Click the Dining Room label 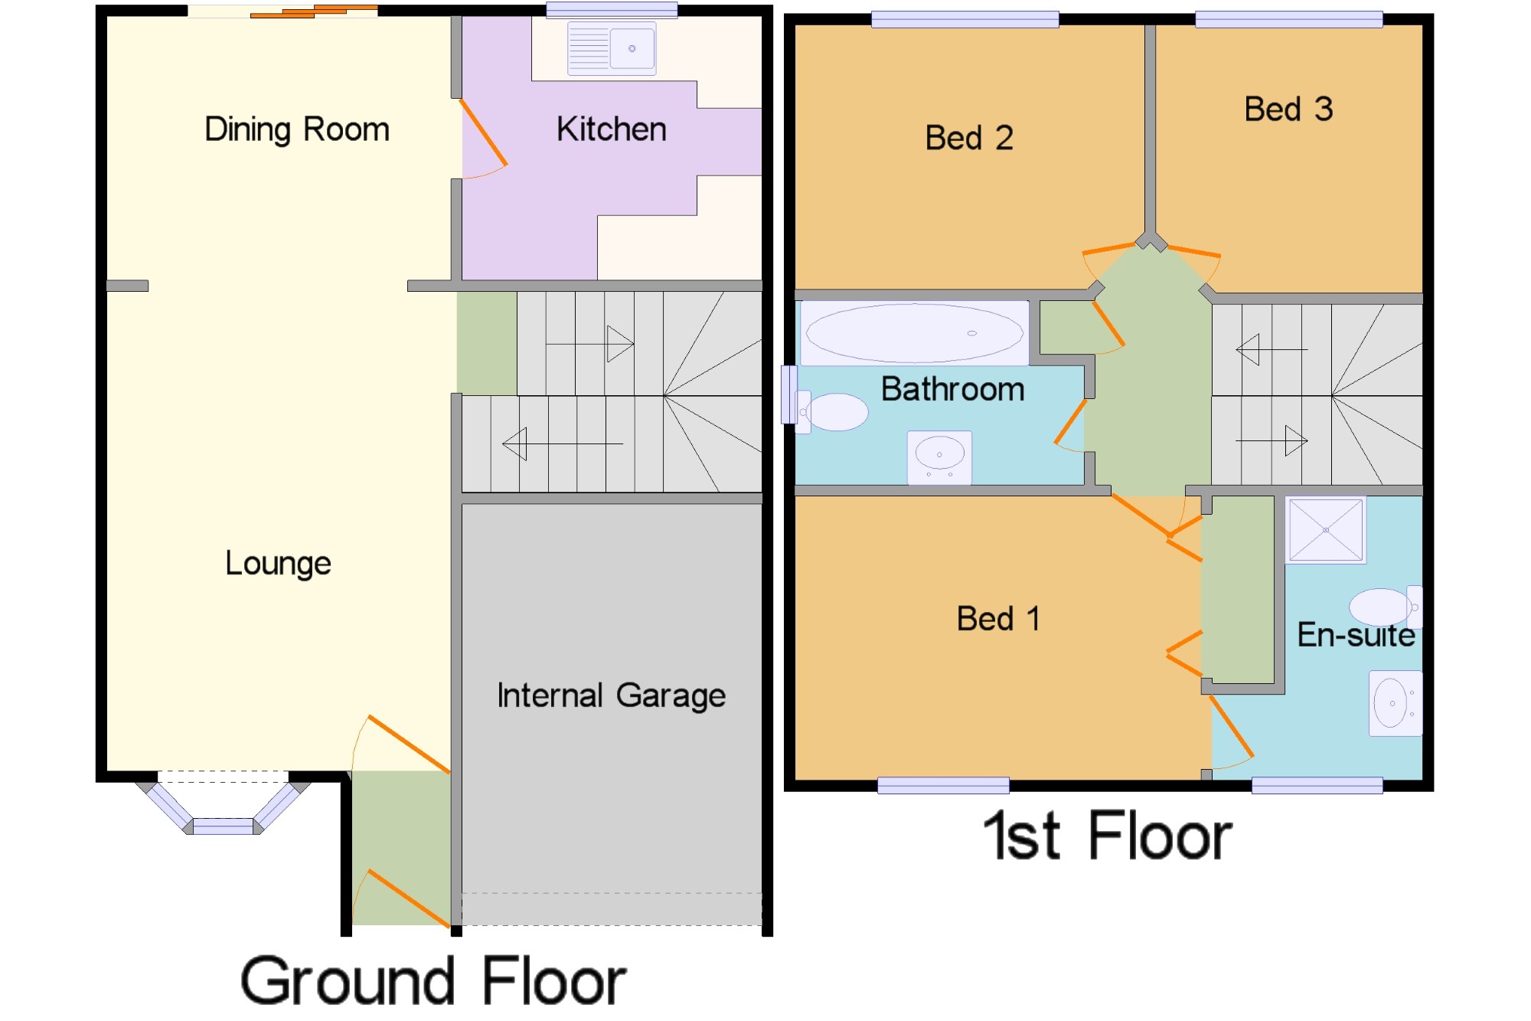pyautogui.click(x=297, y=129)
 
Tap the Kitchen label pyautogui.click(x=612, y=129)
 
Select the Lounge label pyautogui.click(x=278, y=564)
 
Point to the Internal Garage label pyautogui.click(x=612, y=695)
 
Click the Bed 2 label pyautogui.click(x=969, y=138)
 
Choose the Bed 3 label pyautogui.click(x=1289, y=109)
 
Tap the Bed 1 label pyautogui.click(x=998, y=618)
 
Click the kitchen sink pyautogui.click(x=612, y=48)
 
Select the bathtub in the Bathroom pyautogui.click(x=915, y=333)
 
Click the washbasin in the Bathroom pyautogui.click(x=939, y=457)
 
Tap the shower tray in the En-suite pyautogui.click(x=1326, y=530)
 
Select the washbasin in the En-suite pyautogui.click(x=1396, y=703)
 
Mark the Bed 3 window pyautogui.click(x=1289, y=19)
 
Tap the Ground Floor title pyautogui.click(x=433, y=981)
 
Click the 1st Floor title pyautogui.click(x=1108, y=836)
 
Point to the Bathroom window pyautogui.click(x=788, y=395)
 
